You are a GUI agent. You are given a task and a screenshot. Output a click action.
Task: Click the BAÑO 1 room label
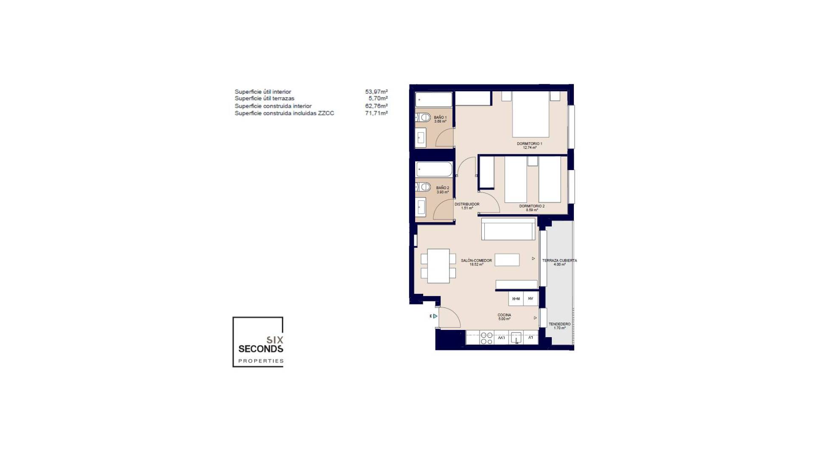440,117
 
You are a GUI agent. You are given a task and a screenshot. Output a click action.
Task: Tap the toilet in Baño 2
423,187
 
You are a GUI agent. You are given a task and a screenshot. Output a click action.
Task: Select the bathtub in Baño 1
433,100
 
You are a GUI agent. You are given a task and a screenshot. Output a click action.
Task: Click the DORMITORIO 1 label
529,144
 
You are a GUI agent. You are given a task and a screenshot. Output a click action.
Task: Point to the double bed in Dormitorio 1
531,114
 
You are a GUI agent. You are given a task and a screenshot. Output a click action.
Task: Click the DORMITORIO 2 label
531,206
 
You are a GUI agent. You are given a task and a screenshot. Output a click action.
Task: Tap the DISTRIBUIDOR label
467,204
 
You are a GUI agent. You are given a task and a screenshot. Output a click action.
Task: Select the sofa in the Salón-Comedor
508,229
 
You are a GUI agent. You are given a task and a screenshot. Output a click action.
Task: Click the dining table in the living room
438,266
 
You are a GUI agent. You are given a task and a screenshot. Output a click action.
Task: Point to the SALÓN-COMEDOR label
476,260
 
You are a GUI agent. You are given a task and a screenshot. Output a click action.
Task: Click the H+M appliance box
516,299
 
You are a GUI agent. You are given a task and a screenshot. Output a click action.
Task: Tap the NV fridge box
531,299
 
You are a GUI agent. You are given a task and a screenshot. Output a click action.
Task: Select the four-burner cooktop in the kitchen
486,338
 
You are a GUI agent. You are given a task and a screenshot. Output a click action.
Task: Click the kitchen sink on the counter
516,338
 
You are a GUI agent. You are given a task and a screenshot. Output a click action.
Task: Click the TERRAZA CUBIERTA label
559,260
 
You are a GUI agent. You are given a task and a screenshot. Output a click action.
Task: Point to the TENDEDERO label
559,324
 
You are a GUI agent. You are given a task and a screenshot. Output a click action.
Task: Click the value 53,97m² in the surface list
376,92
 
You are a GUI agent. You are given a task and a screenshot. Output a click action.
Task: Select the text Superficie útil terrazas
264,98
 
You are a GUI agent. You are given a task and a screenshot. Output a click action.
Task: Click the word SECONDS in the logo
261,349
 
